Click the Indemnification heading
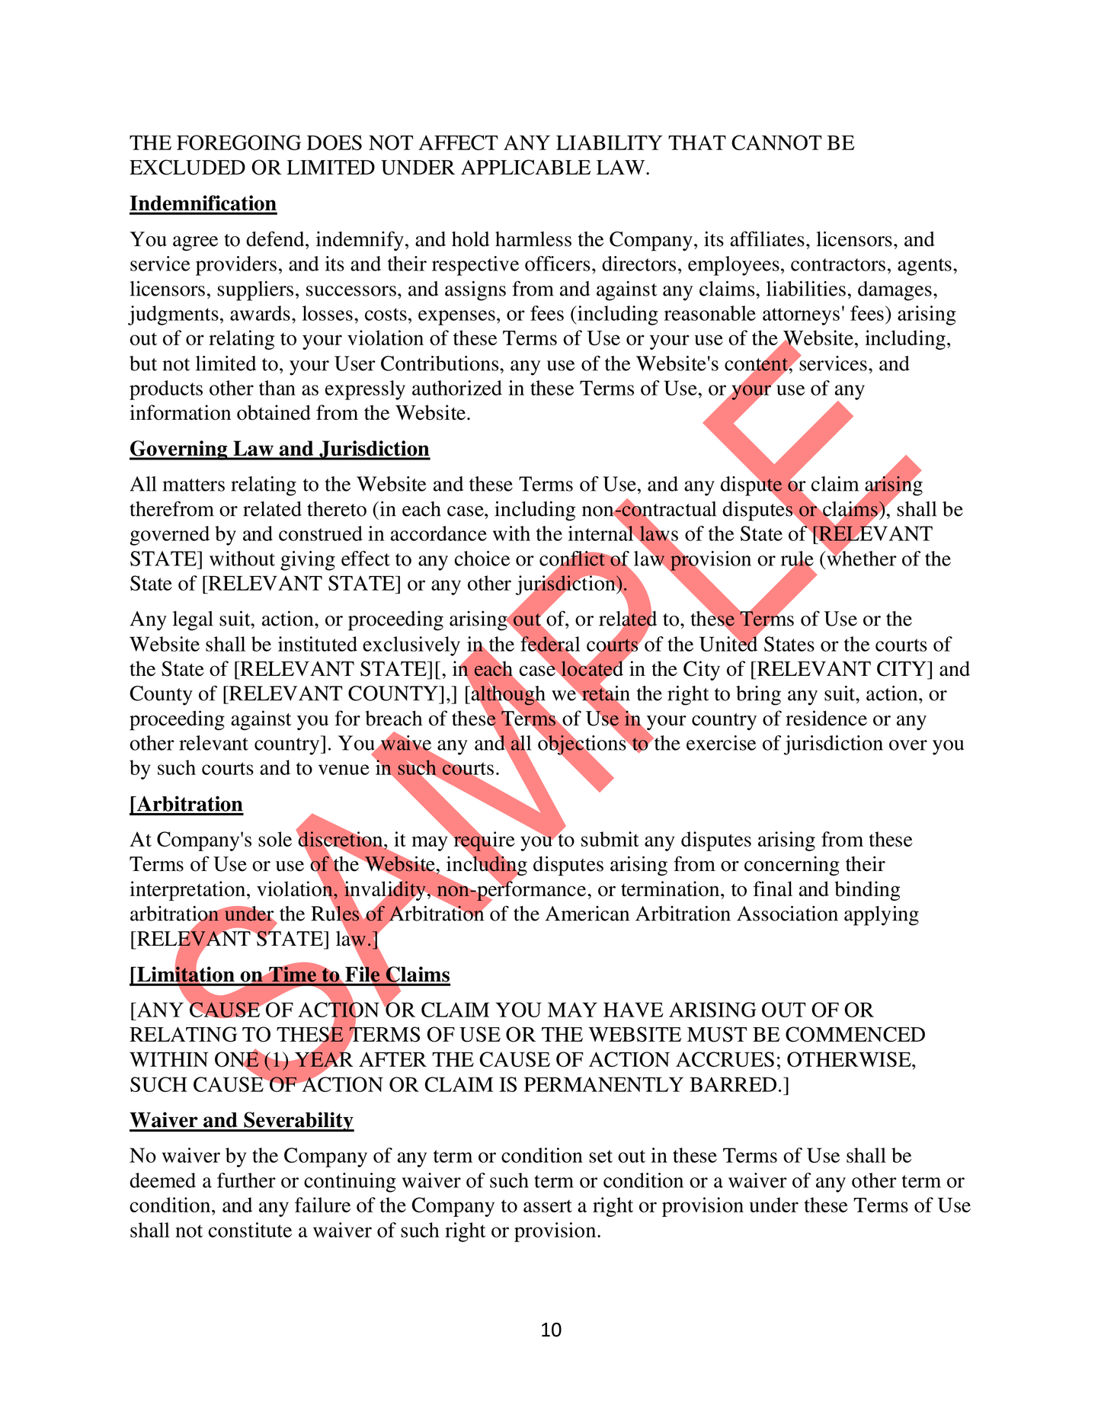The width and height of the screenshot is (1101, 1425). pos(203,203)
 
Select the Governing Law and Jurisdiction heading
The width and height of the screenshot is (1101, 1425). pos(279,449)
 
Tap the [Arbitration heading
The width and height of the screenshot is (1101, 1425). pos(186,805)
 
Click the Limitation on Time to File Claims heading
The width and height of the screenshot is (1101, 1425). pos(290,975)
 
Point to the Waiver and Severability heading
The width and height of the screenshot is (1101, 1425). pos(241,1120)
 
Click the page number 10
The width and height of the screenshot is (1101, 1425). pos(551,1330)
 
